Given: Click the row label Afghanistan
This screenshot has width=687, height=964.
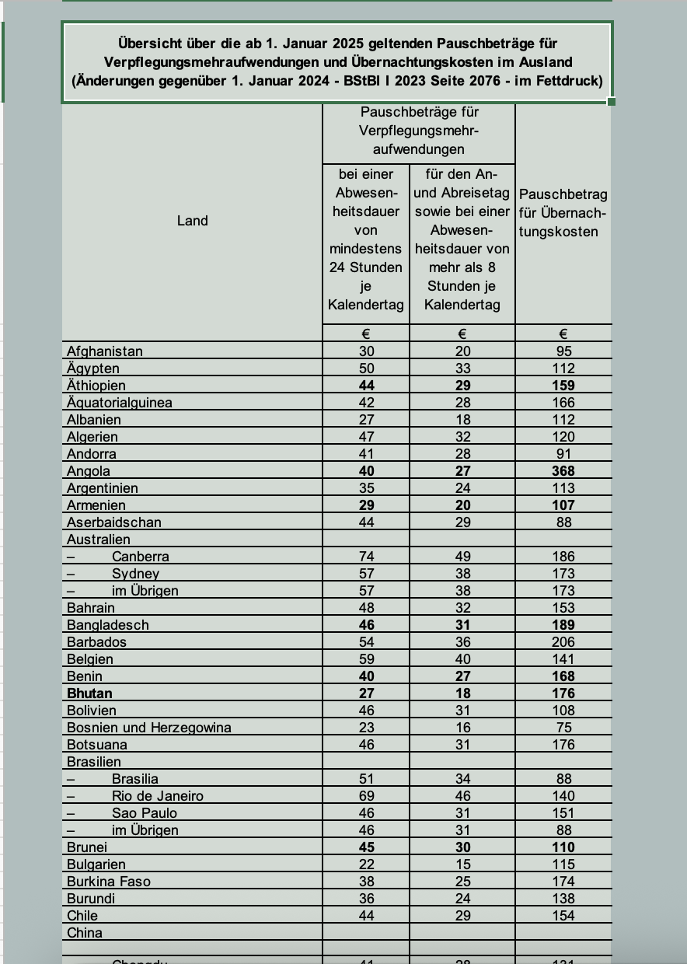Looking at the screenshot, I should point(105,351).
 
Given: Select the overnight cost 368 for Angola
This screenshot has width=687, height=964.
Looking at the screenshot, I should point(563,471).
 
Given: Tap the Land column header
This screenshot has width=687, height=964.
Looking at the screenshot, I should point(192,221).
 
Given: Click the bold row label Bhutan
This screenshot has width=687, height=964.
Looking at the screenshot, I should point(89,693).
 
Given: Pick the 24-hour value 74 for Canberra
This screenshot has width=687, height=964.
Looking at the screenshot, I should point(366,557).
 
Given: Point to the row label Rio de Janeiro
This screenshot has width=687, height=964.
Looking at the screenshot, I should point(157,796).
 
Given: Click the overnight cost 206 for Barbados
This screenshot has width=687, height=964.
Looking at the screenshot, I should point(563,642).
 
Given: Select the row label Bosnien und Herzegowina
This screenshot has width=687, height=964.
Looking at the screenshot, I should point(149,728).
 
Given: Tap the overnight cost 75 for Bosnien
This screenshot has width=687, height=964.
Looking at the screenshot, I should point(563,728).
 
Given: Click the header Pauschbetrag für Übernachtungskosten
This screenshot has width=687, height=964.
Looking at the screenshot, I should point(563,213).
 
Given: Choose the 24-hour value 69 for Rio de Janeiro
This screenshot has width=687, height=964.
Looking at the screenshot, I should point(366,796).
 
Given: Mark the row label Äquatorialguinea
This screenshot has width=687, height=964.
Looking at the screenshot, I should point(120,403).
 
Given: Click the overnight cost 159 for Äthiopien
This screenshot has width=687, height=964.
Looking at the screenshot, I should point(563,386).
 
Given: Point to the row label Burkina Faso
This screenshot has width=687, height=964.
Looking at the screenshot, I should point(109,882).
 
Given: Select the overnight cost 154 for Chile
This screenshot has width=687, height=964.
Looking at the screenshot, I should point(563,916).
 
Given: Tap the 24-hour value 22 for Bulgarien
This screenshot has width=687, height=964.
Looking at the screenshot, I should point(366,864).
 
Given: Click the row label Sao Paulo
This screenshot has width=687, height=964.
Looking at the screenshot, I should point(145,813).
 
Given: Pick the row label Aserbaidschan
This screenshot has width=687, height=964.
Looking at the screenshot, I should point(114,522).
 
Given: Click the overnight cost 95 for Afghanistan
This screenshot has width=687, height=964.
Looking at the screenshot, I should point(563,351).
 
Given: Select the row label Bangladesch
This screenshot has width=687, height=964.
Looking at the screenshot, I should point(108,625).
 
